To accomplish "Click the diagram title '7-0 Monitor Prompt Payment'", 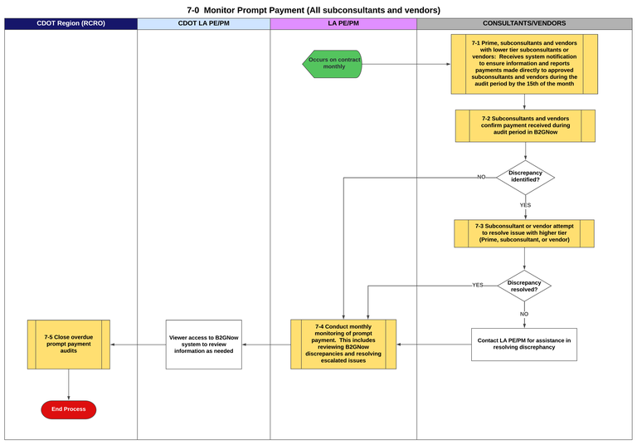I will coord(314,10).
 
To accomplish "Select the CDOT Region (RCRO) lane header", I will coord(71,23).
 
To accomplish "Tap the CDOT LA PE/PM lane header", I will coord(203,23).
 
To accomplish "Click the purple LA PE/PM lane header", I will coord(343,23).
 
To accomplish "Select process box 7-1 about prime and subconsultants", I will coord(524,64).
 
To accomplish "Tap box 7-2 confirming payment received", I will coord(524,125).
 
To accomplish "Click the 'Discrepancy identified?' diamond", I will coord(525,177).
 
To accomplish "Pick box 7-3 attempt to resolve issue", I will coord(524,233).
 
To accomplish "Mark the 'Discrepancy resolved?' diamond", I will coord(524,286).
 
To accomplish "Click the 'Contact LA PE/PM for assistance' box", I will coord(523,344).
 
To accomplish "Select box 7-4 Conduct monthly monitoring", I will coord(343,344).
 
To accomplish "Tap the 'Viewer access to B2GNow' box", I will coord(203,344).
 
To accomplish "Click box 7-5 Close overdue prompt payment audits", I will coord(68,344).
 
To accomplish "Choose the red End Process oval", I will coord(68,409).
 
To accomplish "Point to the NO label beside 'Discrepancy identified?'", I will coord(481,177).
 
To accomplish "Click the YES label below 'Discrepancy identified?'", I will coord(525,204).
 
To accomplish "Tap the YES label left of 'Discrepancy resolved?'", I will coord(478,285).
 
